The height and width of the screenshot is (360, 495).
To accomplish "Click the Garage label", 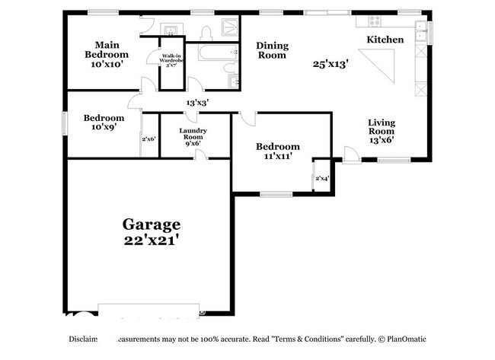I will coord(152,225).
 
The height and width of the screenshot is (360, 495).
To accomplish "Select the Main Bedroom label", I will coord(106,49).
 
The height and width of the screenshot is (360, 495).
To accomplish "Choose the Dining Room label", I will coord(271,49).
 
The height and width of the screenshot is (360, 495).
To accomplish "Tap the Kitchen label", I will coord(385,40).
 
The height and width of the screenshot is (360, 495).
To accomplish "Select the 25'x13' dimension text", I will coord(330,65).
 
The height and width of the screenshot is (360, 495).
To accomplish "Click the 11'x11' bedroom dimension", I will coord(277,157).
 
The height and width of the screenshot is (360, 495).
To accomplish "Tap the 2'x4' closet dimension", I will coord(321,179).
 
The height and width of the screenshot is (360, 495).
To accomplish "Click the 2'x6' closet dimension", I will coord(148,139).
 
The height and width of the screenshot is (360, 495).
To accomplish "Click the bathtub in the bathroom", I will coord(208,53).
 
